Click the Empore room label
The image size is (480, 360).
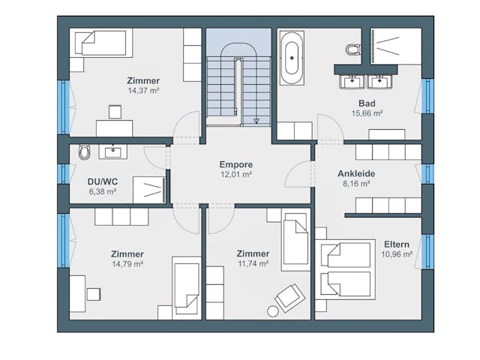point(236,164)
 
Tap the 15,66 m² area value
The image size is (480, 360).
point(367,113)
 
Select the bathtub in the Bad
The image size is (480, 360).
point(292,58)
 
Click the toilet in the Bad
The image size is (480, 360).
point(353,49)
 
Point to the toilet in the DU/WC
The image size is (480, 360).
point(85,151)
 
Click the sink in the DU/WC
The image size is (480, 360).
point(113,151)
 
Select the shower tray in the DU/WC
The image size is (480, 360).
point(149,190)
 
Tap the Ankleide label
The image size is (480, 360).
point(356,173)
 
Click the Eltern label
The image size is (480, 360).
point(397,244)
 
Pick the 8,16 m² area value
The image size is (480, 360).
point(356,184)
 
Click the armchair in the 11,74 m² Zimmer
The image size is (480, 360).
point(289,298)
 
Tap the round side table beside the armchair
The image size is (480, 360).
point(273,311)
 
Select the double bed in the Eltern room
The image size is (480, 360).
point(345,269)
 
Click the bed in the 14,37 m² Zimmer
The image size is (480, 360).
point(101,43)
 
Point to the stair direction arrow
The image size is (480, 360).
point(256,121)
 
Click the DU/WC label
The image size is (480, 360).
point(103,181)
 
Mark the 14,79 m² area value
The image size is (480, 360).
point(127,264)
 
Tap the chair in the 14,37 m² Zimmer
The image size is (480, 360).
point(115,112)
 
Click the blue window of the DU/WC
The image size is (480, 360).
point(63,174)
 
